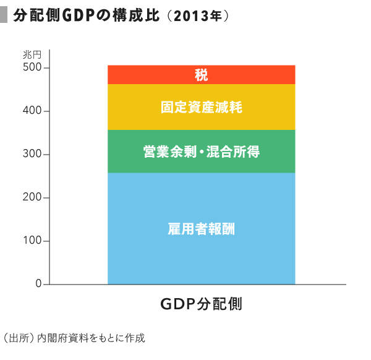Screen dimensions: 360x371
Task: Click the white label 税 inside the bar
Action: coord(201,75)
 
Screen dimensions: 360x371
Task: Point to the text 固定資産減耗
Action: coord(201,107)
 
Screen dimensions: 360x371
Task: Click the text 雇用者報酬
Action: coord(201,229)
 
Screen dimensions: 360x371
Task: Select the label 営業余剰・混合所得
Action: coord(201,151)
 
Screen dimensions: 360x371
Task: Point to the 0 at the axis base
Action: coord(38,285)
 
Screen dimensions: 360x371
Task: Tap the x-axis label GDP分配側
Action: coord(201,304)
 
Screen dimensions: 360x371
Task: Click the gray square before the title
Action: coord(5,15)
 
